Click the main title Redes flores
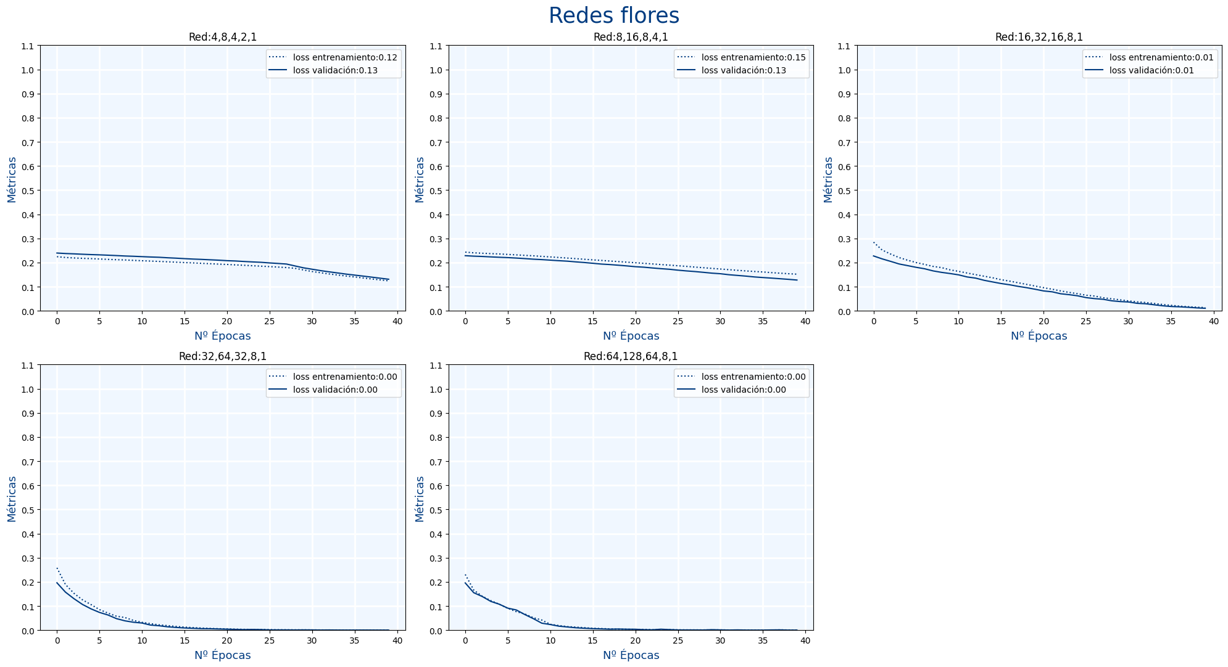click(x=613, y=16)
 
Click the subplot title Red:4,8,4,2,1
click(x=223, y=37)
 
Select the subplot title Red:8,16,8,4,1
click(x=631, y=37)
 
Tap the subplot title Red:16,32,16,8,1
click(x=1039, y=37)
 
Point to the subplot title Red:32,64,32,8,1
click(x=223, y=356)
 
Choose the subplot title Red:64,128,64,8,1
click(x=631, y=356)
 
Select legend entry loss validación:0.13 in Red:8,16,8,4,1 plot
click(x=744, y=70)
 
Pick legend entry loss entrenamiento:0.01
click(x=1161, y=57)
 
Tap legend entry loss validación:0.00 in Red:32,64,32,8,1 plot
click(x=335, y=390)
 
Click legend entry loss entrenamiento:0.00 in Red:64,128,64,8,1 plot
click(x=753, y=377)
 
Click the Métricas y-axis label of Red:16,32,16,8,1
click(x=828, y=179)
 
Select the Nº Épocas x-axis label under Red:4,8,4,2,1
click(x=223, y=336)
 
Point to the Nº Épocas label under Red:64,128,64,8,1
click(x=631, y=655)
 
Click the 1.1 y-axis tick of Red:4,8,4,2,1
click(x=28, y=46)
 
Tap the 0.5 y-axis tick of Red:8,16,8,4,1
click(x=437, y=191)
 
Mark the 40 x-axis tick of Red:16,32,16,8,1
click(x=1213, y=321)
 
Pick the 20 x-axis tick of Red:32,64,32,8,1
click(x=227, y=640)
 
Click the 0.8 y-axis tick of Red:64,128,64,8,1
click(x=437, y=438)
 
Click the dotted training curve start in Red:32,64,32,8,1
click(x=57, y=568)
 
